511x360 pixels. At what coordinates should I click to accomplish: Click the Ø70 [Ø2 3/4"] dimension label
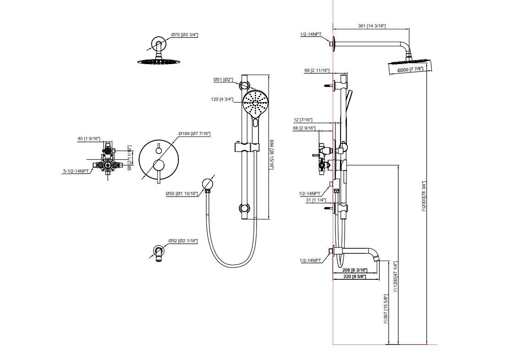pos(184,35)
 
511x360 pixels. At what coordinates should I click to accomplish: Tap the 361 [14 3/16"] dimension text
pos(372,26)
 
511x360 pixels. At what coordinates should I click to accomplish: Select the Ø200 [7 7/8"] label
pos(410,70)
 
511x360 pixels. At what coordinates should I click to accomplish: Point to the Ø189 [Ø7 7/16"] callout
pos(194,133)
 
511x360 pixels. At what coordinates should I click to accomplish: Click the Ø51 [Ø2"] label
pos(223,80)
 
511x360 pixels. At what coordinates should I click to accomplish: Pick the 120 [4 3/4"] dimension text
pos(222,99)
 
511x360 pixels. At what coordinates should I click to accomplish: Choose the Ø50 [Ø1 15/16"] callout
pos(182,194)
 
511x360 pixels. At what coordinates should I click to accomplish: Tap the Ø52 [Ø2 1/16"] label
pos(183,241)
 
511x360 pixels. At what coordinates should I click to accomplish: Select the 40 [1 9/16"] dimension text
pos(89,138)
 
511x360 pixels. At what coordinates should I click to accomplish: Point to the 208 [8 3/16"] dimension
pos(355,270)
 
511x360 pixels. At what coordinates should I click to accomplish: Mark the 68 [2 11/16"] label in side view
pos(317,71)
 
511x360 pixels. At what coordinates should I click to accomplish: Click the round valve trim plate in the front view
pos(158,160)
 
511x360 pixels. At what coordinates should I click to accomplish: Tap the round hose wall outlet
pos(208,183)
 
